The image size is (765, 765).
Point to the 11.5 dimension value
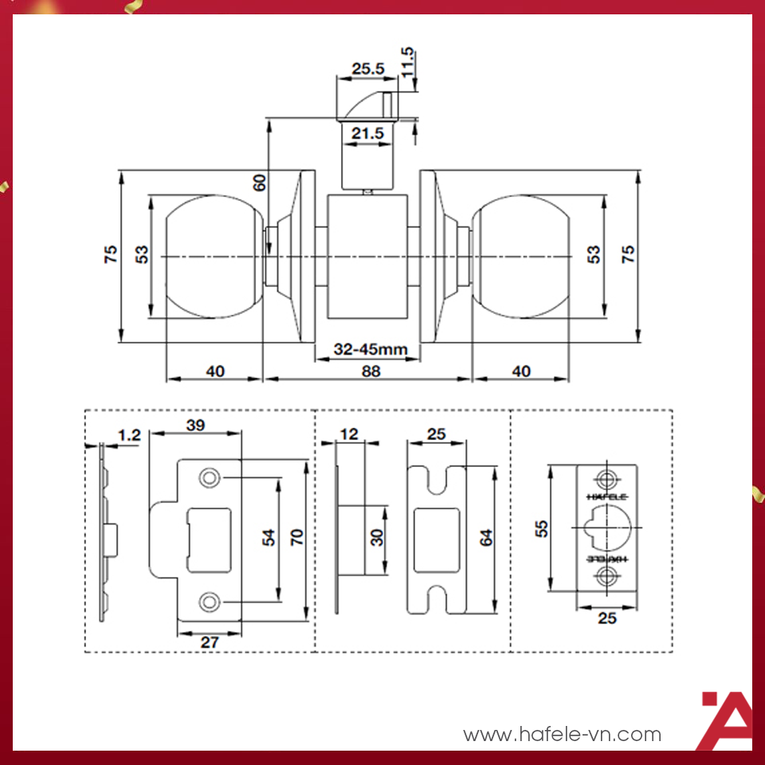point(407,63)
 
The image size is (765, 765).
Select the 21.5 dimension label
point(367,134)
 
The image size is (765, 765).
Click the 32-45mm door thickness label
point(371,349)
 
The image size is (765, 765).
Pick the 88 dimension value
point(371,371)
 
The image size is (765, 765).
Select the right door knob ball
point(521,257)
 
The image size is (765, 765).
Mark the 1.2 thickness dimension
point(128,434)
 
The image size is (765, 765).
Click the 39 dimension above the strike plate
point(195,425)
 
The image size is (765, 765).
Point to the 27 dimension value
point(209,641)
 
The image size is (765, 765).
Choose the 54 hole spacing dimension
point(269,539)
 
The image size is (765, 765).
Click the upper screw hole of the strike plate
point(209,478)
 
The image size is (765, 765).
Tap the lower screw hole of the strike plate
point(209,601)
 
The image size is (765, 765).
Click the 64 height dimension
point(485,538)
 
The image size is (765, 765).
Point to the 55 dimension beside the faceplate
point(541,528)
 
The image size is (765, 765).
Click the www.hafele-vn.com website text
point(562,734)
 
